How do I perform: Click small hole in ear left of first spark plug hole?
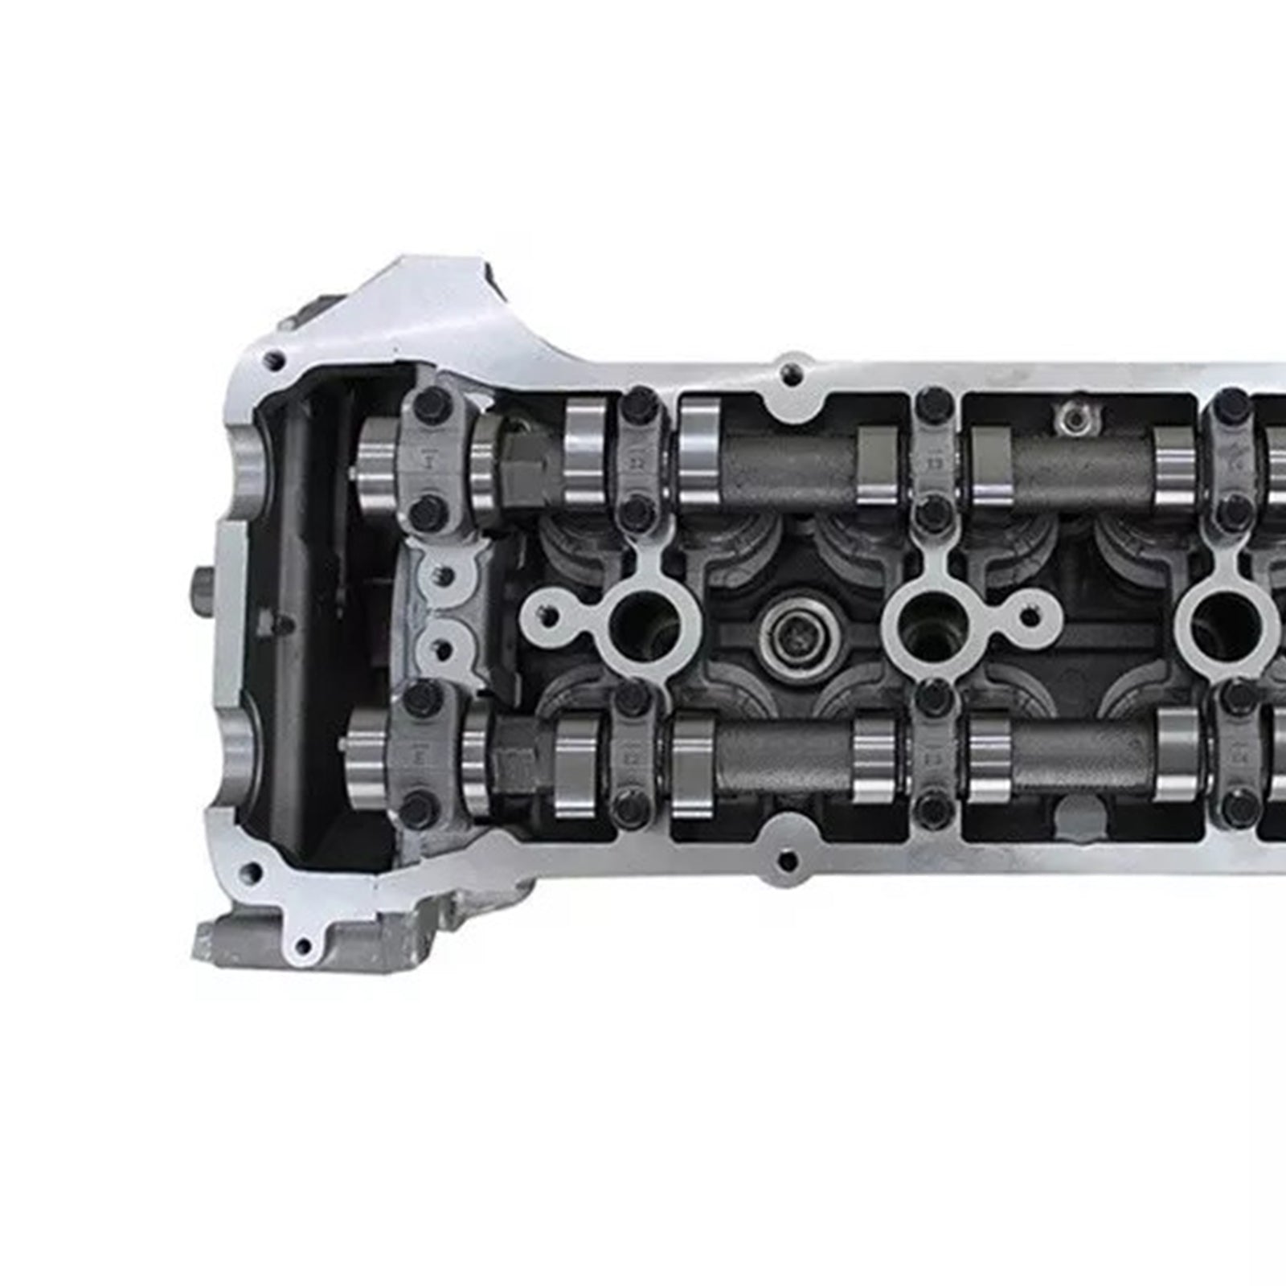click(x=550, y=617)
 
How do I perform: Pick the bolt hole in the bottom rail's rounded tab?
click(x=788, y=862)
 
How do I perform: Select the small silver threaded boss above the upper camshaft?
click(x=1070, y=416)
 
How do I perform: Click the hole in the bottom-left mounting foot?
click(x=303, y=945)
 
